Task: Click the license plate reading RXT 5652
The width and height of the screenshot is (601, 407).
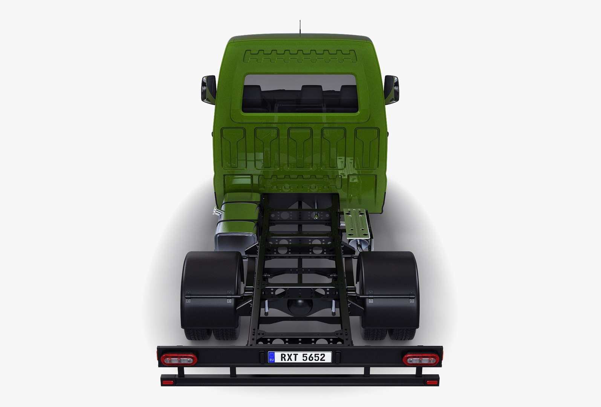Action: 300,357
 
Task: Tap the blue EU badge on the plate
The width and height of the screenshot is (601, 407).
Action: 272,357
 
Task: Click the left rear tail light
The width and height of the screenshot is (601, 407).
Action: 179,359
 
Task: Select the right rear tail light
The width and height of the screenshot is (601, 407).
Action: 420,359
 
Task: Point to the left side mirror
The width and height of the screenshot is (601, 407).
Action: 208,89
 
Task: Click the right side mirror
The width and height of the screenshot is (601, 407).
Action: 391,89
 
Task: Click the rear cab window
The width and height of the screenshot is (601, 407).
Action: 300,93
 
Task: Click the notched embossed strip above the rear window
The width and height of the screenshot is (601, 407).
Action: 300,56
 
